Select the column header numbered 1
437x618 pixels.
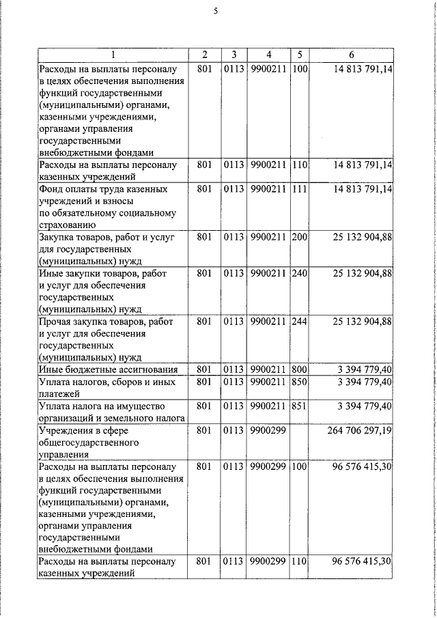coord(113,55)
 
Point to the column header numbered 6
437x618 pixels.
coord(351,55)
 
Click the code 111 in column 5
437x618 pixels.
coord(300,189)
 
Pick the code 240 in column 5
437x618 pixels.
coord(300,274)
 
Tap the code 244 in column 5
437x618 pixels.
coord(300,322)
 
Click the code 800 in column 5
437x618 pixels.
coord(300,369)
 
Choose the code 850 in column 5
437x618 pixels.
coord(300,382)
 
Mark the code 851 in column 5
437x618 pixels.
coord(300,406)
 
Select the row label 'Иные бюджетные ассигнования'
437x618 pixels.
coord(108,369)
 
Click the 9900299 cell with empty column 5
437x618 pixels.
coord(268,431)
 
